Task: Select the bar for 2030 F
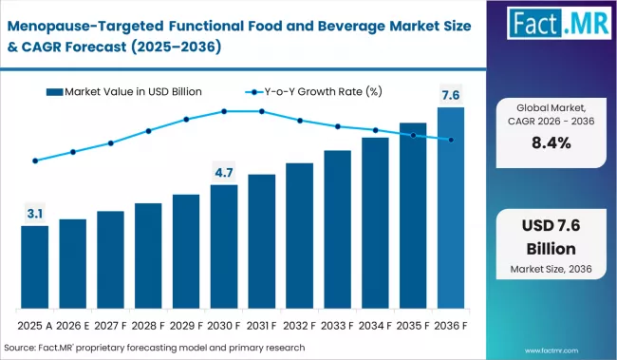tap(224, 248)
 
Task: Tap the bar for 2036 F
tap(451, 209)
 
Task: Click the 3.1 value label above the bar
tap(35, 215)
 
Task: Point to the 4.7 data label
tap(224, 173)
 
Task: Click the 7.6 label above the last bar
tap(451, 94)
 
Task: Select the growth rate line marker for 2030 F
tap(224, 111)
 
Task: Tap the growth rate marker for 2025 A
tap(35, 161)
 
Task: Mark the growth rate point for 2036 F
tap(451, 140)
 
